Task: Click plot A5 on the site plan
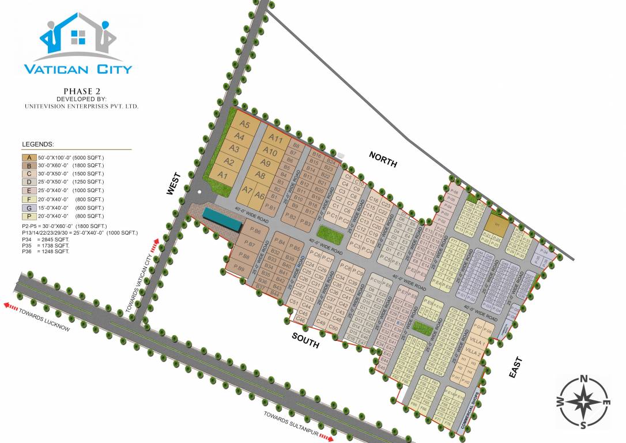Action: pyautogui.click(x=244, y=125)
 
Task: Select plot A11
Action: pyautogui.click(x=276, y=139)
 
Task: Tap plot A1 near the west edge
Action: pyautogui.click(x=223, y=175)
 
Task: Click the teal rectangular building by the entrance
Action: pyautogui.click(x=221, y=219)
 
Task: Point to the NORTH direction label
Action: pyautogui.click(x=383, y=159)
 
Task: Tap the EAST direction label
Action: pyautogui.click(x=516, y=367)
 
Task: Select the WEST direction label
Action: pyautogui.click(x=174, y=183)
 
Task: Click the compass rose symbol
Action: pyautogui.click(x=583, y=402)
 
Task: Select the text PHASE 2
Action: pyautogui.click(x=81, y=91)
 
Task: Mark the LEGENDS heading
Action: pyautogui.click(x=38, y=144)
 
